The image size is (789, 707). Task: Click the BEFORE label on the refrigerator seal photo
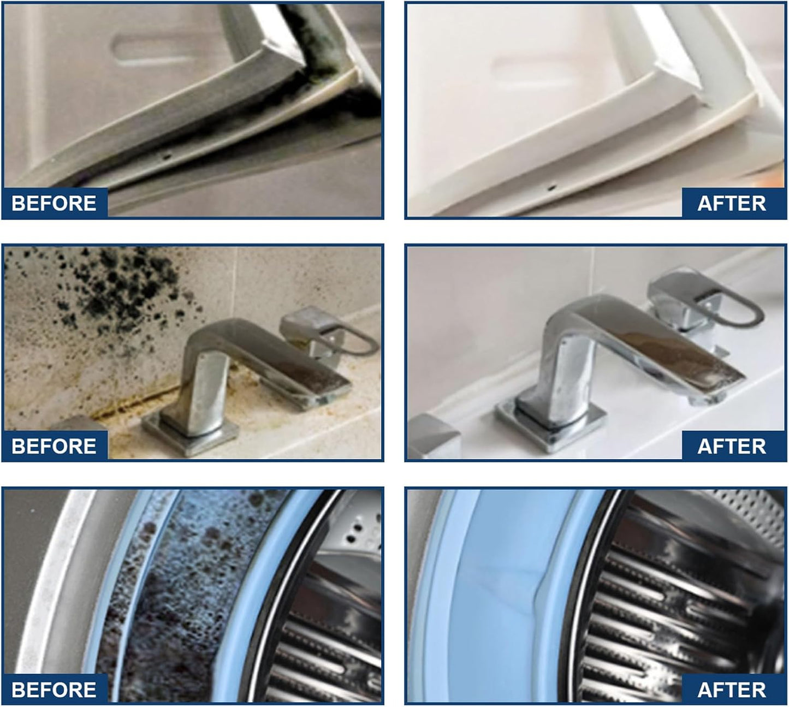[54, 203]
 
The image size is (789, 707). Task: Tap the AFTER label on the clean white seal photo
[731, 203]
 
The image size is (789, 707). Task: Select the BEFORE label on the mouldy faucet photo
[54, 446]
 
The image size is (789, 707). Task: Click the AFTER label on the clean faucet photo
[731, 446]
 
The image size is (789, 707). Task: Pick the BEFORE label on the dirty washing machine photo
[54, 690]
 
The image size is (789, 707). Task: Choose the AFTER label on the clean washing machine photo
[731, 690]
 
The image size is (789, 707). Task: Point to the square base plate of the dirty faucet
[190, 432]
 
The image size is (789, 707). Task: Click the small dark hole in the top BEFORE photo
[168, 157]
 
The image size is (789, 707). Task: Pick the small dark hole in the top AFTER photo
[551, 188]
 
